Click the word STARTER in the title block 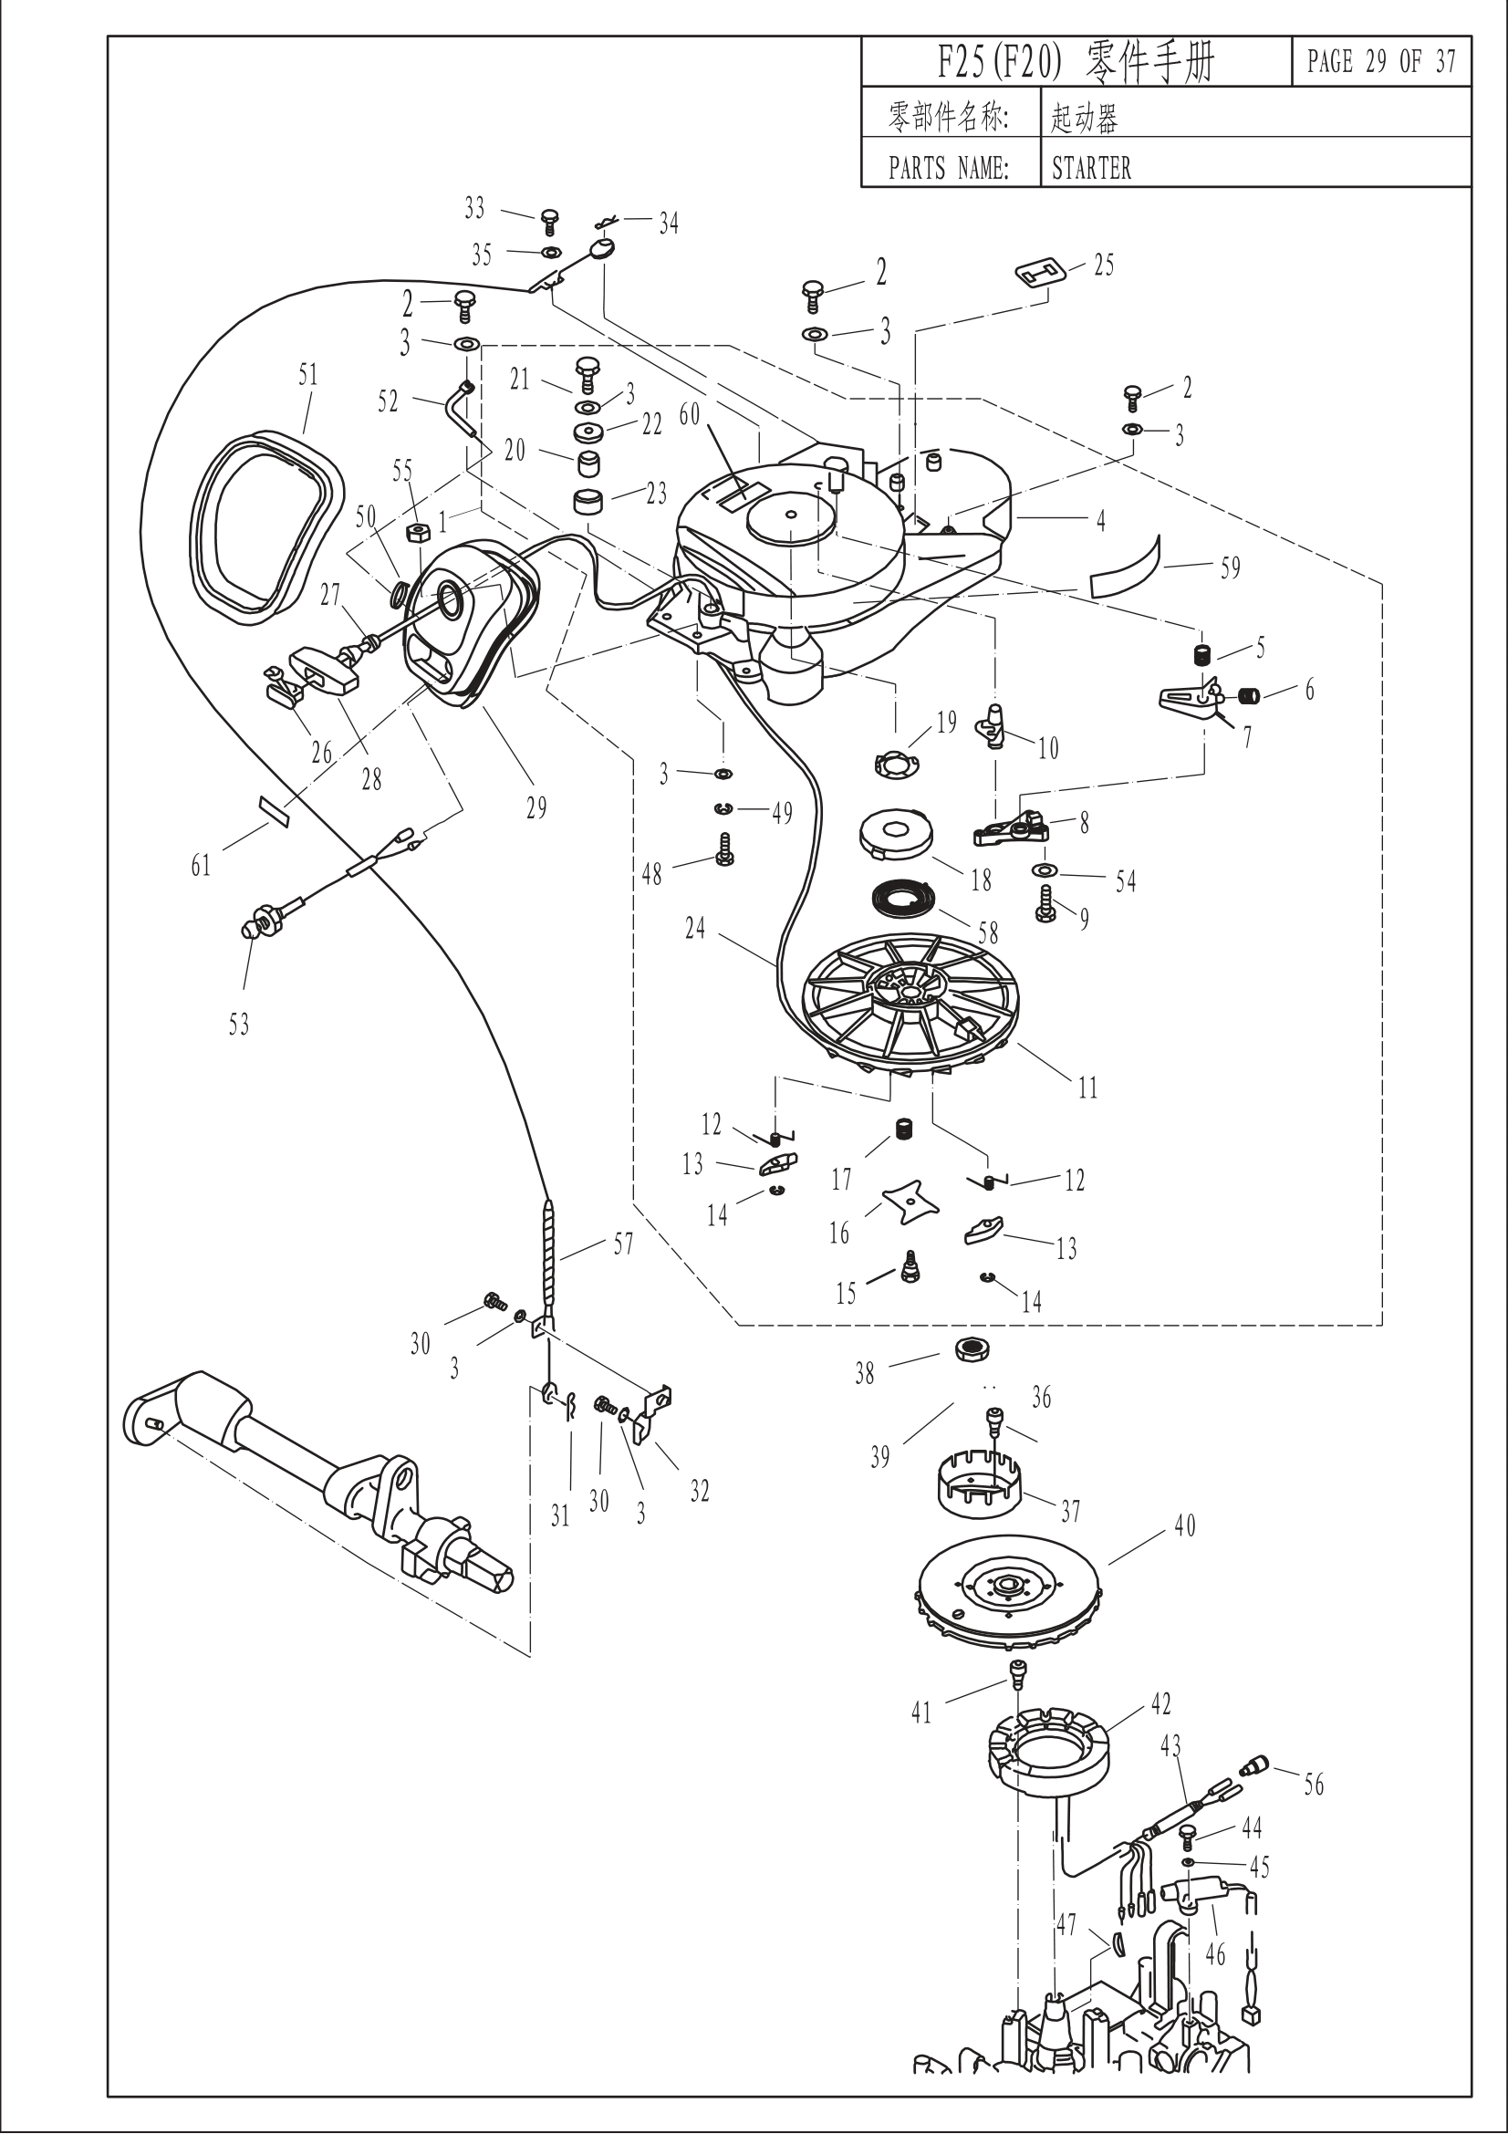tap(1091, 168)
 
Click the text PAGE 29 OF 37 tap(1380, 62)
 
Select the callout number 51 tap(307, 376)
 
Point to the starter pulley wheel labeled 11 tap(913, 1003)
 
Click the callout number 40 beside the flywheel tap(1185, 1525)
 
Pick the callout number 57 tap(622, 1244)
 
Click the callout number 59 tap(1230, 567)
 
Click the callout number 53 tap(239, 1025)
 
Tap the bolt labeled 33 tap(550, 222)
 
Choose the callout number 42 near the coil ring tap(1161, 1703)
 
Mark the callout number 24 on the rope tap(695, 928)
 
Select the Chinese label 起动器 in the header tap(1084, 117)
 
